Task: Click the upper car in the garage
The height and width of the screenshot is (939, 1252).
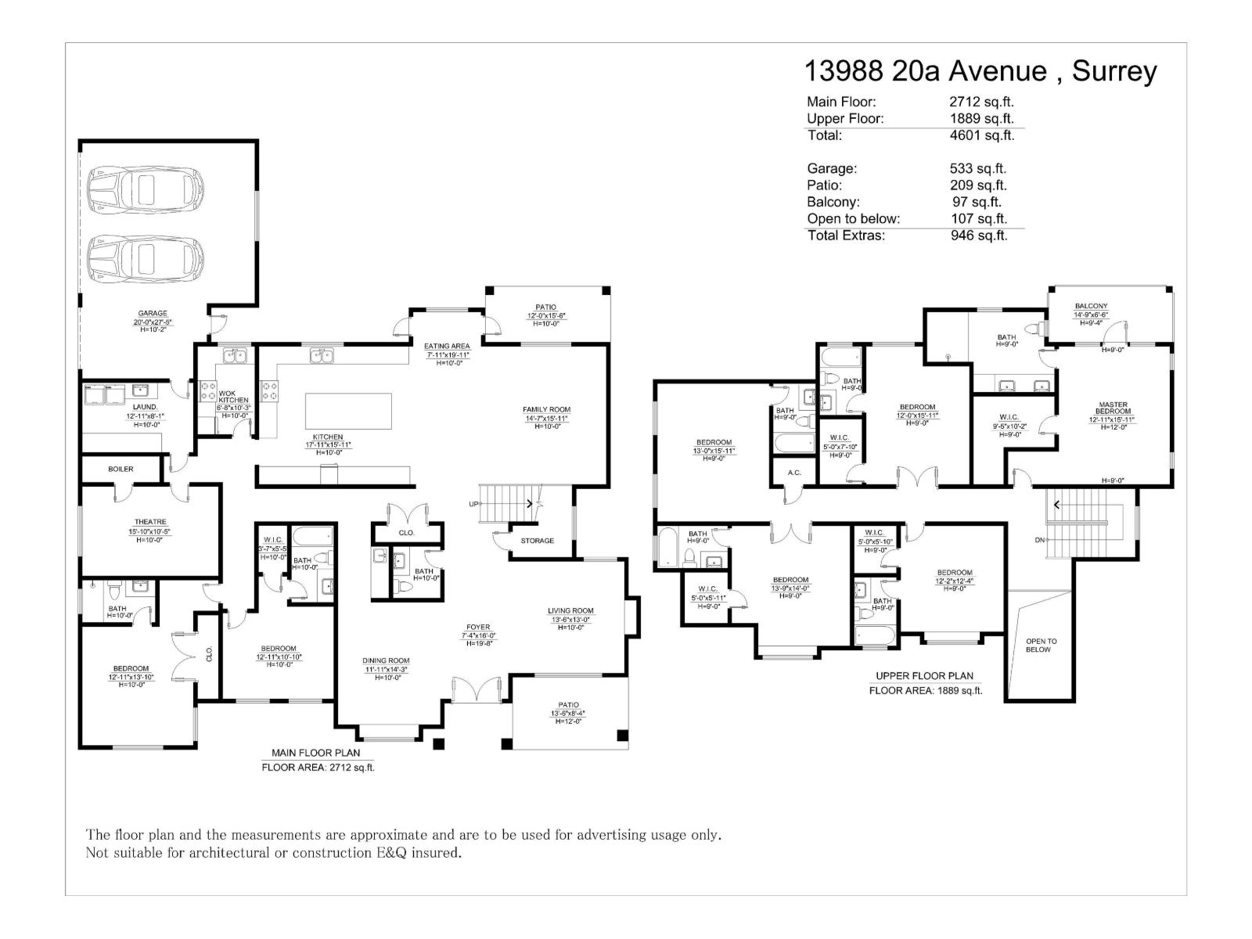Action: point(141,189)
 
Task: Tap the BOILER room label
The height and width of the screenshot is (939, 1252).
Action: point(121,469)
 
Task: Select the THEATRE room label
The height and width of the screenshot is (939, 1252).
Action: point(149,522)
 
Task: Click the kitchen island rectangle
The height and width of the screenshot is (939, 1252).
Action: point(348,411)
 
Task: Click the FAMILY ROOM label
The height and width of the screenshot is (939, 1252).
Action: point(546,409)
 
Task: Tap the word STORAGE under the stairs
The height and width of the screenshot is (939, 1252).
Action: point(537,541)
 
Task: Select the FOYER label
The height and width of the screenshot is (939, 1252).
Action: point(478,627)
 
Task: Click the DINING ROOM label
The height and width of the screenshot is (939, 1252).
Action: point(386,660)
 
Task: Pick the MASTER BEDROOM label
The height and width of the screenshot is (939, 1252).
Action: point(1112,408)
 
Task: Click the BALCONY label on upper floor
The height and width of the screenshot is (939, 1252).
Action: point(1091,306)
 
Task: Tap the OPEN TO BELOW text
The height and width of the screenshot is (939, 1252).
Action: point(1041,645)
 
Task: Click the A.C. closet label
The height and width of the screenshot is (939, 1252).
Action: point(794,473)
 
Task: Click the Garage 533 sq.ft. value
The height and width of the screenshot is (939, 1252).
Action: point(977,168)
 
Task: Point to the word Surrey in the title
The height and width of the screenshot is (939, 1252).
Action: point(1113,71)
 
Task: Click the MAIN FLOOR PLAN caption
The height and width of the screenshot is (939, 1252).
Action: point(315,753)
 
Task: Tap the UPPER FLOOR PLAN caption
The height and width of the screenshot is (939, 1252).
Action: point(924,676)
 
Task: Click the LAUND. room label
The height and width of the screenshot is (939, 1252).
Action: point(145,407)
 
